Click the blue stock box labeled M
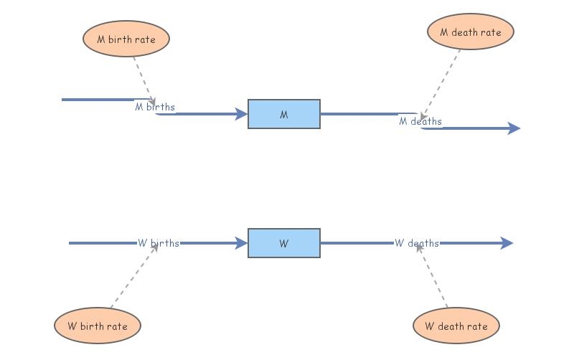click(x=284, y=114)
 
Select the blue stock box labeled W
click(x=284, y=243)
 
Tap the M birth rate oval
click(x=126, y=39)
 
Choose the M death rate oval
click(x=471, y=32)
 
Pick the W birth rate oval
click(x=98, y=326)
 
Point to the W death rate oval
click(x=456, y=326)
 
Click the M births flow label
click(x=155, y=107)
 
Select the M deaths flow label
click(x=420, y=121)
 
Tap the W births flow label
click(x=158, y=243)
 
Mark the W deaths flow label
click(x=417, y=243)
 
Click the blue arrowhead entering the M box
click(x=241, y=114)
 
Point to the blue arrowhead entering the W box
click(x=241, y=243)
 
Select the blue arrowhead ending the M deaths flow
click(x=514, y=128)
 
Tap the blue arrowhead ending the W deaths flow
click(x=507, y=243)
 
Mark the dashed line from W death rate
click(x=433, y=276)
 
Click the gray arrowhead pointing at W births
click(x=155, y=247)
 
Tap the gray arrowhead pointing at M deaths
click(x=423, y=116)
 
